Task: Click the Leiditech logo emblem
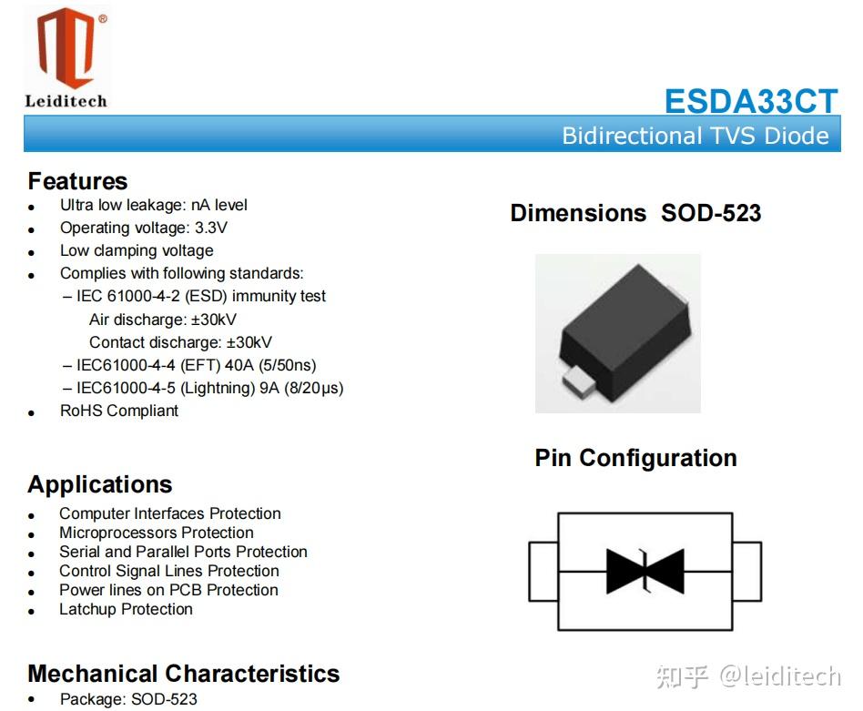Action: click(x=66, y=47)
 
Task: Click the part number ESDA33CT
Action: click(x=750, y=101)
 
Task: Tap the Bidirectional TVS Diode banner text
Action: click(x=695, y=136)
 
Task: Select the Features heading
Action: click(x=77, y=181)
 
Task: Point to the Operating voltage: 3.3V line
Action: click(x=144, y=228)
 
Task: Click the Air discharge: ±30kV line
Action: click(x=163, y=320)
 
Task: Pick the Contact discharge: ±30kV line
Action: click(x=180, y=342)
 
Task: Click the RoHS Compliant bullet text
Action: click(x=119, y=411)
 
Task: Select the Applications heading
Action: click(x=99, y=484)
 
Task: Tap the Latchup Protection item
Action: click(x=126, y=609)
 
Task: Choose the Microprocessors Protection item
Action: click(x=157, y=533)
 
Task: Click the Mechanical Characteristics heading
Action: click(x=183, y=674)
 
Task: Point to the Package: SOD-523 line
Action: click(x=128, y=699)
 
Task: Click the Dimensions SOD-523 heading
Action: click(x=635, y=213)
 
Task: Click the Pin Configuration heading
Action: click(x=635, y=457)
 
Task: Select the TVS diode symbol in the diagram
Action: click(x=645, y=572)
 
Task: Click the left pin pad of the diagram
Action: click(x=543, y=572)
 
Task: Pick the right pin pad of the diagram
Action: click(x=746, y=572)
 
